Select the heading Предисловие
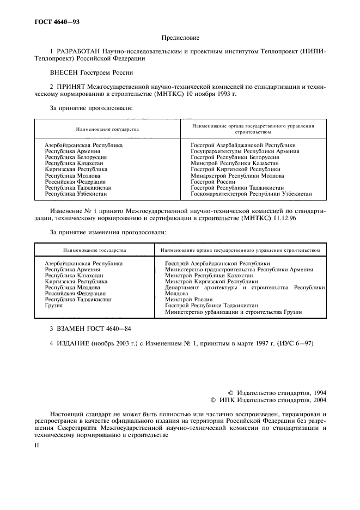pyautogui.click(x=180, y=38)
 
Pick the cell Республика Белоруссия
pyautogui.click(x=76, y=157)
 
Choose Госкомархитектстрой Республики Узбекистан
pyautogui.click(x=251, y=193)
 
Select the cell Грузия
pyautogui.click(x=53, y=305)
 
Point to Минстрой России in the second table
pyautogui.click(x=185, y=299)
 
